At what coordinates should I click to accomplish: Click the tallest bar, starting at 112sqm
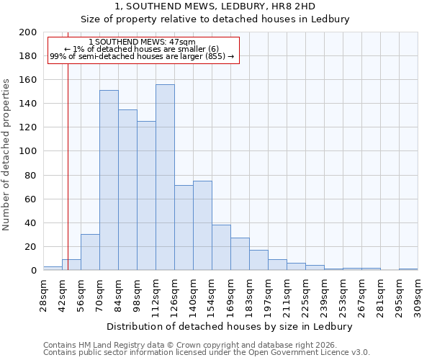pos(165,177)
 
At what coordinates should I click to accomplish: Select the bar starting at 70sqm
pos(109,180)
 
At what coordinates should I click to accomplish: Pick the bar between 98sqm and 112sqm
pos(146,195)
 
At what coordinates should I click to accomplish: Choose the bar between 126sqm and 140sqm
pos(184,228)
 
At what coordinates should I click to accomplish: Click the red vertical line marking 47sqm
pos(68,180)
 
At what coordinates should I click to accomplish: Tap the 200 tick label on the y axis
pos(28,32)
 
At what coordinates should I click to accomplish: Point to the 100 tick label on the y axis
pos(28,151)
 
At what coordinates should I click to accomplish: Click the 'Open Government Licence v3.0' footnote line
pos(207,352)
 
